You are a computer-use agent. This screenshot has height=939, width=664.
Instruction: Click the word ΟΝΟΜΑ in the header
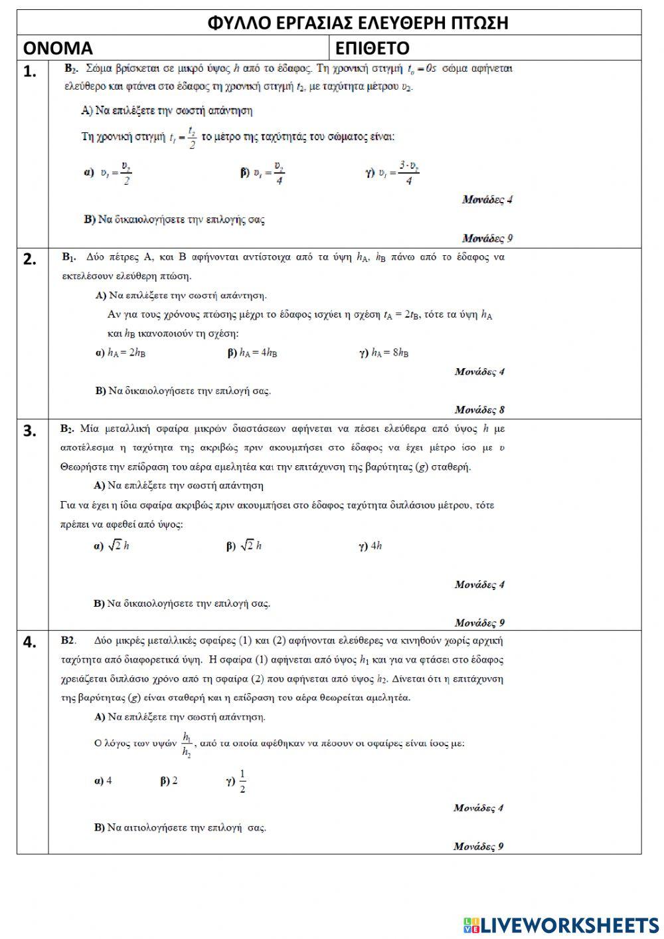tap(58, 49)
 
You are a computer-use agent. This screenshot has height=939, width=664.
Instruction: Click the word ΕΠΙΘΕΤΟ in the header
tap(373, 49)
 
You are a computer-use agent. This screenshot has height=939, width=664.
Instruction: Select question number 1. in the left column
tap(31, 72)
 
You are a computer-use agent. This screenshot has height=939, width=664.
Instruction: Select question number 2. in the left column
tap(31, 259)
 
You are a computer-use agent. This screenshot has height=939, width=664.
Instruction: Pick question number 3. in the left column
tap(31, 431)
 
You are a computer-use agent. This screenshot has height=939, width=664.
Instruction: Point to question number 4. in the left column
tap(31, 642)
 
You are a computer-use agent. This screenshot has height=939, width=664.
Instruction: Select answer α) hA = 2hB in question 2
tap(121, 353)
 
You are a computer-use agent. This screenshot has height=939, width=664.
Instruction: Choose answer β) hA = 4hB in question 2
tap(252, 353)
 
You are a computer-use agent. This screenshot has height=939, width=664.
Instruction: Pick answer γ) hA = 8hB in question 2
tap(384, 353)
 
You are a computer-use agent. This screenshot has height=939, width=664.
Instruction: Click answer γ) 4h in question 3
tap(371, 546)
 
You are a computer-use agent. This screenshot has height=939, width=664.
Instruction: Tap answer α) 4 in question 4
tap(104, 781)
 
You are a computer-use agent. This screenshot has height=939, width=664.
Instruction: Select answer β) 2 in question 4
tap(169, 781)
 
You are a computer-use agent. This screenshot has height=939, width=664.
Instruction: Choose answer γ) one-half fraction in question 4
tap(236, 782)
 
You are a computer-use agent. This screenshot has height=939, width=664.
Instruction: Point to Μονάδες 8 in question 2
tap(479, 409)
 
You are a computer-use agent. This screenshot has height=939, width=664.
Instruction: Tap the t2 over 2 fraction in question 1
tap(191, 138)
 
